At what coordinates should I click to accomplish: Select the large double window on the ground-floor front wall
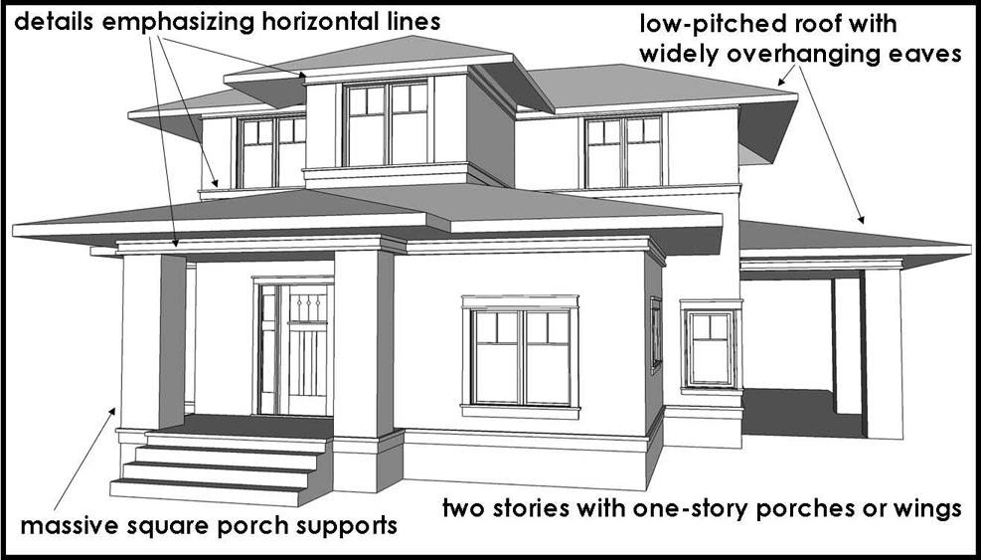[520, 356]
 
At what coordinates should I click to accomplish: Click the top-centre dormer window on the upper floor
[386, 123]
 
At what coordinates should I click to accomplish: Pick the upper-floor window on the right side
[623, 151]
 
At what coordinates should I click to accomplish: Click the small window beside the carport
[712, 348]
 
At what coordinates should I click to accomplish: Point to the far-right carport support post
[884, 353]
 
